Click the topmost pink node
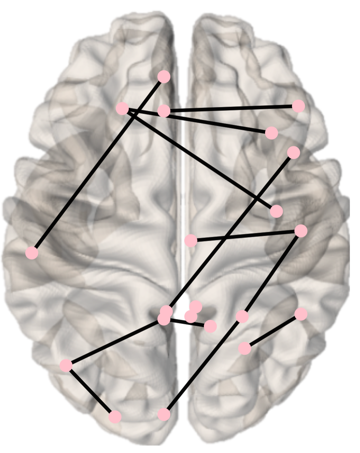click(164, 76)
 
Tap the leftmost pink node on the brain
click(32, 253)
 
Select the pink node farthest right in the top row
click(298, 106)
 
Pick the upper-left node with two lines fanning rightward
click(122, 108)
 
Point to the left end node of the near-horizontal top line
click(164, 111)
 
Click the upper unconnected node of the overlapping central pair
click(196, 306)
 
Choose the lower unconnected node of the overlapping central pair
click(191, 316)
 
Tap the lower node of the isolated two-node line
click(244, 348)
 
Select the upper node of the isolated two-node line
click(301, 314)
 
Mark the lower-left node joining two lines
click(66, 365)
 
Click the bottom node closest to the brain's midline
click(164, 414)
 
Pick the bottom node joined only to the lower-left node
click(115, 417)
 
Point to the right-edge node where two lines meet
click(301, 231)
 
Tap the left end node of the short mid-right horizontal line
click(191, 241)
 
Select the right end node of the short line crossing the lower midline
click(210, 326)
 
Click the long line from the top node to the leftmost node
click(98, 165)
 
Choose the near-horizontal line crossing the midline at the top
click(231, 108)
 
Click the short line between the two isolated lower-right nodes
click(272, 331)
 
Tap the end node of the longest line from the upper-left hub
click(276, 211)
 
